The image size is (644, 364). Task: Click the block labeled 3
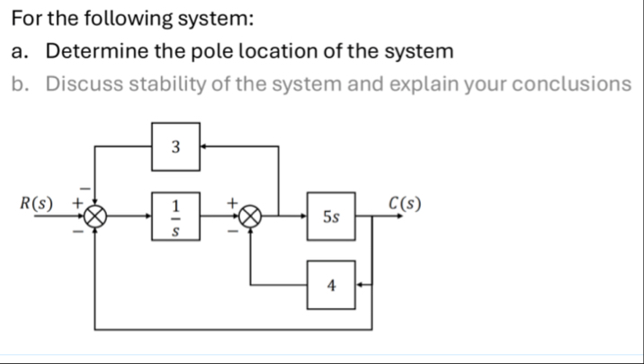pyautogui.click(x=175, y=144)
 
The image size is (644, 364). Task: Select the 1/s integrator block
pyautogui.click(x=176, y=217)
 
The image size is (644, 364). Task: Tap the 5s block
pyautogui.click(x=332, y=216)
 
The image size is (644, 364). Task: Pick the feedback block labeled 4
pyautogui.click(x=332, y=286)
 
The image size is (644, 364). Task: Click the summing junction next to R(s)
pyautogui.click(x=96, y=217)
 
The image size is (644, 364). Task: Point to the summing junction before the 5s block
pyautogui.click(x=252, y=217)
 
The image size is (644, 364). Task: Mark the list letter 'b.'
pyautogui.click(x=22, y=84)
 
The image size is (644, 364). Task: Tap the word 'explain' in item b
pyautogui.click(x=408, y=84)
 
